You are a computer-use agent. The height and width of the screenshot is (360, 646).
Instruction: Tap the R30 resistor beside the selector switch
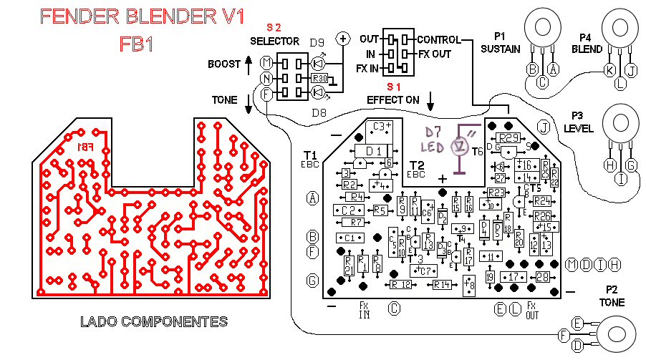pyautogui.click(x=319, y=78)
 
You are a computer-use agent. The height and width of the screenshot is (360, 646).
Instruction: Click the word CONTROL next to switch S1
pyautogui.click(x=439, y=39)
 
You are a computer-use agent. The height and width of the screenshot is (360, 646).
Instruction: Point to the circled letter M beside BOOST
pyautogui.click(x=266, y=64)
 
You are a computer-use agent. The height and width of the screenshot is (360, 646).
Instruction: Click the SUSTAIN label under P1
pyautogui.click(x=501, y=49)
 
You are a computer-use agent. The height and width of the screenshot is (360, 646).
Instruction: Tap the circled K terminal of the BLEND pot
pyautogui.click(x=609, y=70)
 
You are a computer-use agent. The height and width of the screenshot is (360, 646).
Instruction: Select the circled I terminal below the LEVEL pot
pyautogui.click(x=620, y=179)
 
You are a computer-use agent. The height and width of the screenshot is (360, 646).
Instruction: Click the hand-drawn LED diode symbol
pyautogui.click(x=461, y=146)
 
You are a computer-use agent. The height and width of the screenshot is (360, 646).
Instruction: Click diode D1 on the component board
pyautogui.click(x=373, y=152)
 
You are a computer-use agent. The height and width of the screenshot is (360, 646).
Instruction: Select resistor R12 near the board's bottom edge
pyautogui.click(x=401, y=285)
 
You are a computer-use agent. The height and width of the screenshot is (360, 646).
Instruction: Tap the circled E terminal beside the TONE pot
pyautogui.click(x=578, y=323)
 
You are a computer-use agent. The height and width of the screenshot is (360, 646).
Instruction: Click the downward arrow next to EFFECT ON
pyautogui.click(x=430, y=99)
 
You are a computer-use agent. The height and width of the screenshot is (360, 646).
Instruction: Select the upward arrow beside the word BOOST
pyautogui.click(x=249, y=64)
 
